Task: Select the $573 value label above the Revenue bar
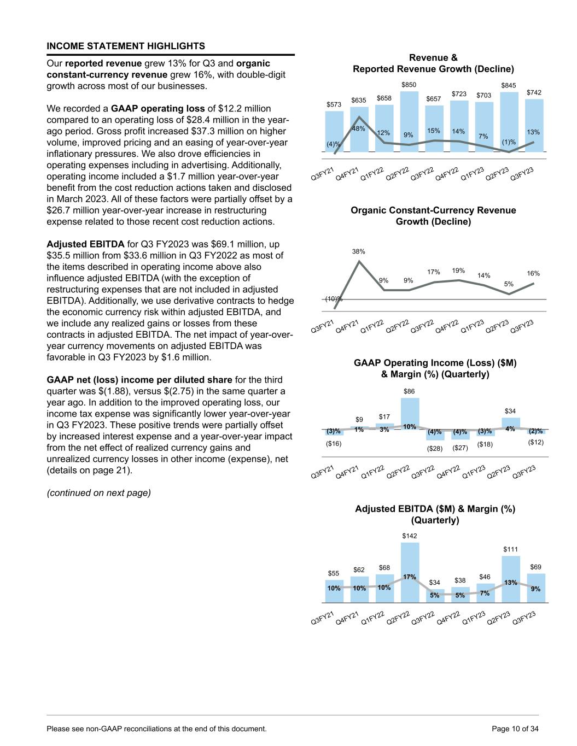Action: point(333,104)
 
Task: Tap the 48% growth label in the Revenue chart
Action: point(359,128)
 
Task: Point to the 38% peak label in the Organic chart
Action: point(359,251)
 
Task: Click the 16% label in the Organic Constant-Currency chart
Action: point(533,273)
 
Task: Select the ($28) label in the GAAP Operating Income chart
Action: point(435,449)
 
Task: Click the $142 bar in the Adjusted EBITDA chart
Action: point(410,571)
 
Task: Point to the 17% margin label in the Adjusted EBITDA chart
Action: point(410,577)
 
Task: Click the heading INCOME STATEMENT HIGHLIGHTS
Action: point(126,46)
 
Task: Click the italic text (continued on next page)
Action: point(98,492)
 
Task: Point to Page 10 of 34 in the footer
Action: point(516,729)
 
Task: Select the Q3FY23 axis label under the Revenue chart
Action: point(522,174)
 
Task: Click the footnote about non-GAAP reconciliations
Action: point(157,729)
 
